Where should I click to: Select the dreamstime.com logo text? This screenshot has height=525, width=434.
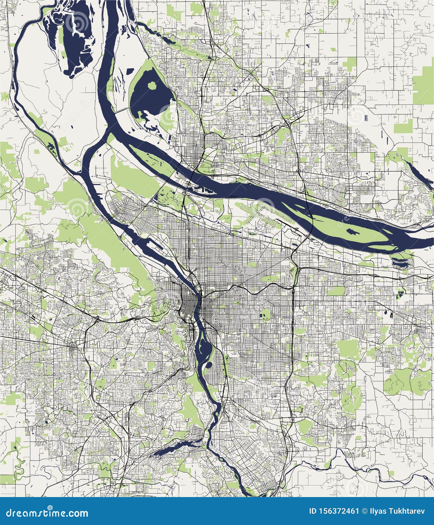45,512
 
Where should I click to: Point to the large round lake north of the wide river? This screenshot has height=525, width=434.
149,96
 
